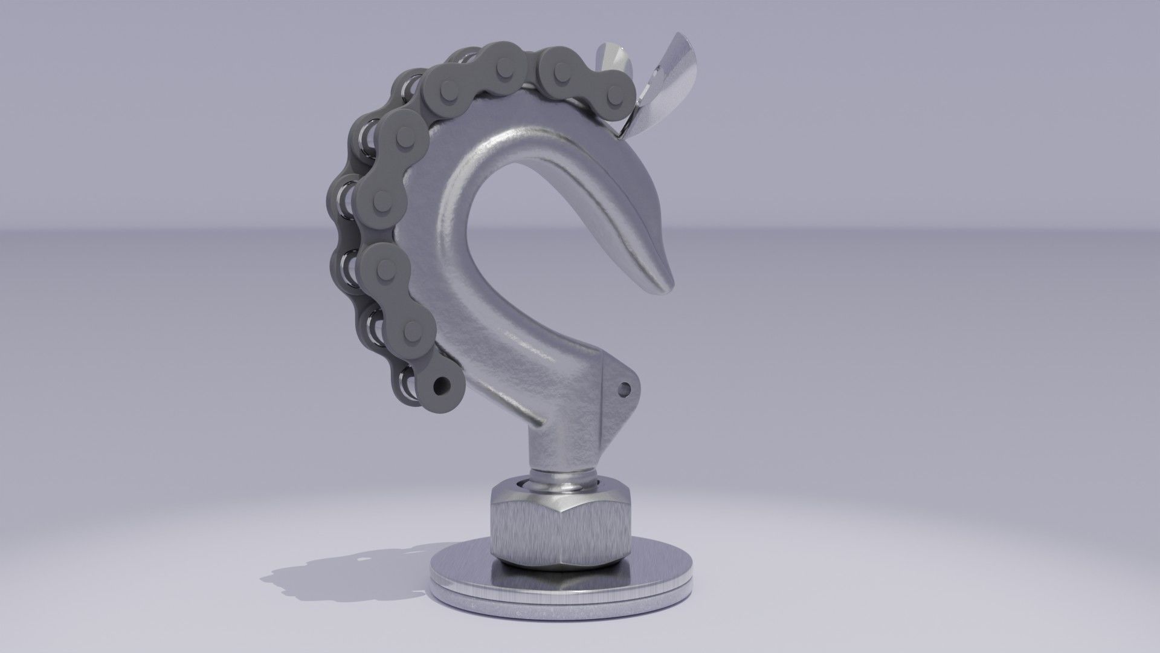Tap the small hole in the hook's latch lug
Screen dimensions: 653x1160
pyautogui.click(x=625, y=388)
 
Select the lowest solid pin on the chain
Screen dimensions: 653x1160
pyautogui.click(x=413, y=330)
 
